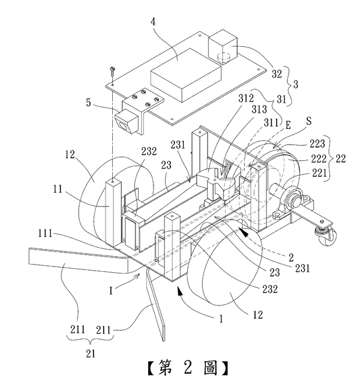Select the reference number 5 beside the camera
pyautogui.click(x=88, y=103)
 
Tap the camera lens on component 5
pyautogui.click(x=124, y=125)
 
